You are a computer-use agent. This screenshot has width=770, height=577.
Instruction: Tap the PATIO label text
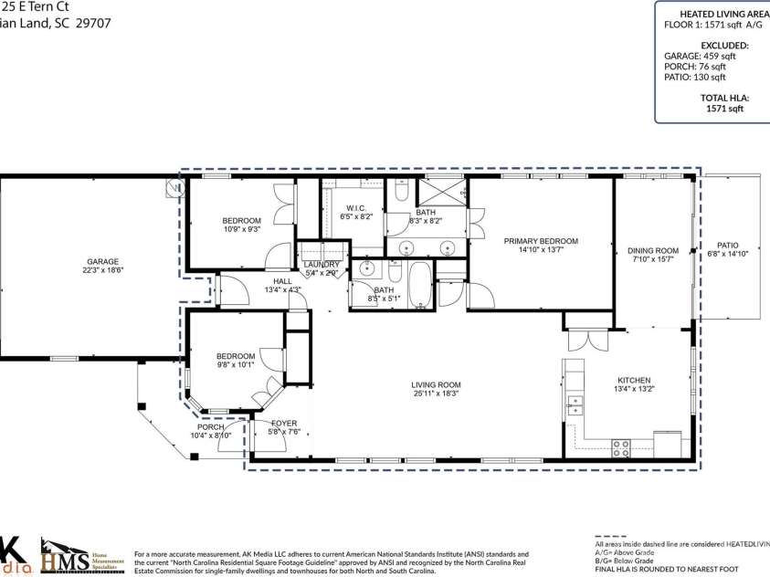pyautogui.click(x=727, y=245)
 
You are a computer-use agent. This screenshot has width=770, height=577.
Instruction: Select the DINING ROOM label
pyautogui.click(x=652, y=250)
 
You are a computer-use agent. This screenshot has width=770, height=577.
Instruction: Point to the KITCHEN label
pyautogui.click(x=633, y=380)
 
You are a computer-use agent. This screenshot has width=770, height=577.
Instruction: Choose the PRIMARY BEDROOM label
pyautogui.click(x=541, y=241)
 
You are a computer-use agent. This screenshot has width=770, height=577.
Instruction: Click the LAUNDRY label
pyautogui.click(x=322, y=264)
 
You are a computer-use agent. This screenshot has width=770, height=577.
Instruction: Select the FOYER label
pyautogui.click(x=284, y=423)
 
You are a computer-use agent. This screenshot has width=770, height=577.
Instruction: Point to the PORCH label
pyautogui.click(x=210, y=427)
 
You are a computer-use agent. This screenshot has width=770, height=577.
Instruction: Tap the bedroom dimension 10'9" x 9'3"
pyautogui.click(x=241, y=230)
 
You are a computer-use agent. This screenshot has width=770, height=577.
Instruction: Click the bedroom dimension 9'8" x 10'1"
pyautogui.click(x=235, y=366)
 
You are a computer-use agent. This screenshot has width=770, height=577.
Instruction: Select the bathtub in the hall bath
pyautogui.click(x=421, y=284)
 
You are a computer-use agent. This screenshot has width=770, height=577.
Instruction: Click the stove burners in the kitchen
pyautogui.click(x=620, y=447)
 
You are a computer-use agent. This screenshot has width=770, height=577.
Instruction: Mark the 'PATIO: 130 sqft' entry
pyautogui.click(x=694, y=78)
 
